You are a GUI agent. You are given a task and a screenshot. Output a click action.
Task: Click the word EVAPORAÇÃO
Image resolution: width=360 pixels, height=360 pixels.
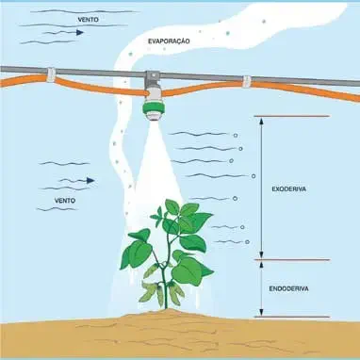tap(171, 42)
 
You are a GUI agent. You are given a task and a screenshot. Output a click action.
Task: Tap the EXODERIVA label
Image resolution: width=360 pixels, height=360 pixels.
tap(287, 188)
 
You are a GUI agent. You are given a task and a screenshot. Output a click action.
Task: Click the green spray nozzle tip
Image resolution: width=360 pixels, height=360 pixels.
tap(150, 114)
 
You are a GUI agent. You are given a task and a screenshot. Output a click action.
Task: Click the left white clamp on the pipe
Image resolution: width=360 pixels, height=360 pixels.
tap(51, 74)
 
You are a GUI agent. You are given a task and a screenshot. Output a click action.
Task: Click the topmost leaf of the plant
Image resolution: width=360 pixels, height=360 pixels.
tap(172, 207)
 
